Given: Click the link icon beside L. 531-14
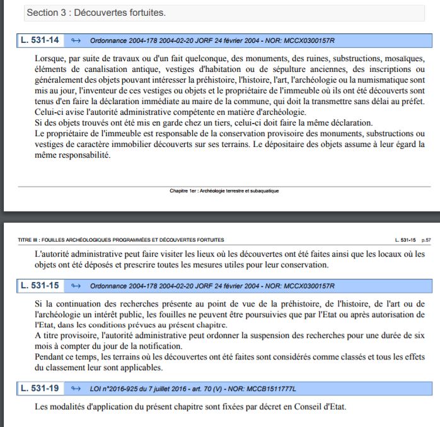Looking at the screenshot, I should [76, 41].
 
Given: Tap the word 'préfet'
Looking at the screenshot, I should [408, 102].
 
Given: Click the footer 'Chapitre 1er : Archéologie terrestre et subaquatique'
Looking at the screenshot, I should [224, 190].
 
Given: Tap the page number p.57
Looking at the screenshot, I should [426, 240].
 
